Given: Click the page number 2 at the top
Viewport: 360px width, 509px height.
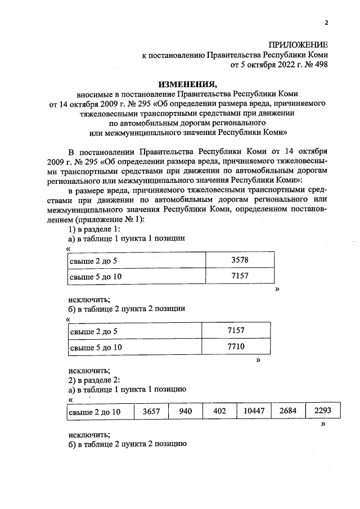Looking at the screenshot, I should tap(326, 23).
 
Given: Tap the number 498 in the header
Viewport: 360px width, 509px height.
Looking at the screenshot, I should tap(319, 65).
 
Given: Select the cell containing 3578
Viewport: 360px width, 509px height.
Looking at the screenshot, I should tap(240, 260).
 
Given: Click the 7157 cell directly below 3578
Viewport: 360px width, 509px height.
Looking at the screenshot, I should tap(240, 277).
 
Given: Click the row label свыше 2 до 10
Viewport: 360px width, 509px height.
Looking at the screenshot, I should tap(95, 412).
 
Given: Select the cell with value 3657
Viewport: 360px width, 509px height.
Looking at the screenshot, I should tap(152, 412).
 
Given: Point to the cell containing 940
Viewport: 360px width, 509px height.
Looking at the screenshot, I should tap(186, 412).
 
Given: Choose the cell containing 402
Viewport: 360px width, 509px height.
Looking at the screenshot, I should tap(220, 412).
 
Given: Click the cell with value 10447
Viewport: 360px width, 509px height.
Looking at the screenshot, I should tap(254, 412).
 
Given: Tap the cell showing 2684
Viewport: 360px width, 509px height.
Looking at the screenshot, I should tap(288, 412).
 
